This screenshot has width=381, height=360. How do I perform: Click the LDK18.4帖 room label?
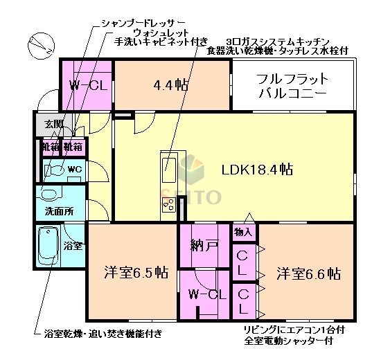(x=256, y=169)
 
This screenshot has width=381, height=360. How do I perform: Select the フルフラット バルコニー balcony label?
(x=292, y=86)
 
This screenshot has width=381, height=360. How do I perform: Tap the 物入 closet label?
(x=243, y=232)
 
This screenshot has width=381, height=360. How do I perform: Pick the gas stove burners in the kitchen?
(x=168, y=203)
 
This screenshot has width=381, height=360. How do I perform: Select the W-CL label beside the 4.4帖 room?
(x=87, y=85)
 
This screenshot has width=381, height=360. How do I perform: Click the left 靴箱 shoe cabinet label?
(x=50, y=147)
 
